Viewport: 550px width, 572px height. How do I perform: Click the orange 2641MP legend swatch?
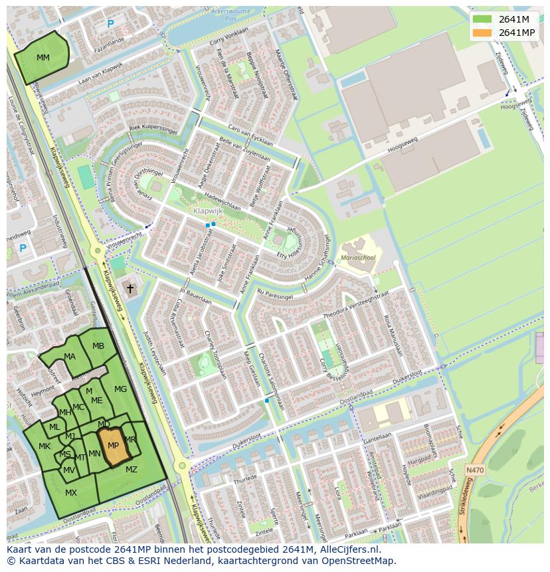click(484, 33)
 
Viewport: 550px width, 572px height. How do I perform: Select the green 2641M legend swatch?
click(484, 19)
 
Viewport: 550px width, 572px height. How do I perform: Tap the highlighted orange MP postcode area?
click(114, 446)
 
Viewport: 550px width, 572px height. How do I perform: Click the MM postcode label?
click(43, 58)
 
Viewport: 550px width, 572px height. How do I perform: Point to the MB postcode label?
click(98, 346)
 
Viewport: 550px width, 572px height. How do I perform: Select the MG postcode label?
click(120, 389)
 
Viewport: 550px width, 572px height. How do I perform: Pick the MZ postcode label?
click(132, 470)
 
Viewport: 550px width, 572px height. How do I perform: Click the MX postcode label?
click(71, 493)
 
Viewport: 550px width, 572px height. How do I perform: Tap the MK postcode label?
click(45, 446)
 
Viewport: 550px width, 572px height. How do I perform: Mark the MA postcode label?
click(70, 357)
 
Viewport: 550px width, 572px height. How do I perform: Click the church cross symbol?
click(130, 289)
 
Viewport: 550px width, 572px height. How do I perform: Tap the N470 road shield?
click(475, 470)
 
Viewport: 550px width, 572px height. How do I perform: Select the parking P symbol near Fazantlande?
click(110, 25)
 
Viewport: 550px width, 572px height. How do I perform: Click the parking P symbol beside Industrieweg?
click(23, 249)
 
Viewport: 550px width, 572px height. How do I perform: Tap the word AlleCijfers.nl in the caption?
click(347, 549)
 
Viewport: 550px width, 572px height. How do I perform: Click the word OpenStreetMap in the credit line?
click(359, 561)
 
